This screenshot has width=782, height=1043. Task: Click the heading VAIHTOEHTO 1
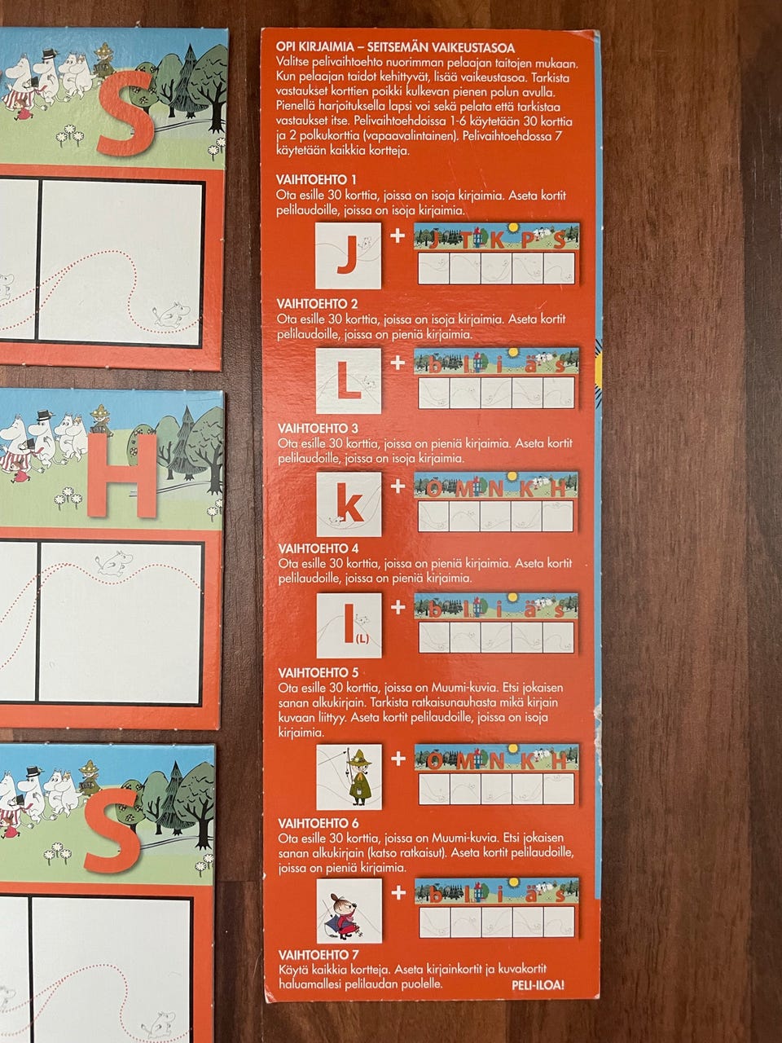(x=316, y=180)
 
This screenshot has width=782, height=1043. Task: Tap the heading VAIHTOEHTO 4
(x=319, y=548)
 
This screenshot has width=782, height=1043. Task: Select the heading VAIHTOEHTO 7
(x=319, y=955)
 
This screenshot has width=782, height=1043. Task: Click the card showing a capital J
(x=349, y=256)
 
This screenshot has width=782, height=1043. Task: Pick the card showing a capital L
(x=349, y=381)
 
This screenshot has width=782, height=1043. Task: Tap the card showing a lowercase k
(x=349, y=504)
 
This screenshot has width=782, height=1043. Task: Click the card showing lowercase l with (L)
(x=349, y=625)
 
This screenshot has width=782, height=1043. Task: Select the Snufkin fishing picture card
(x=349, y=777)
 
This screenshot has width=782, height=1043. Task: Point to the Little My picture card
(x=349, y=910)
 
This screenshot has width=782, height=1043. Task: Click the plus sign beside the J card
(x=398, y=235)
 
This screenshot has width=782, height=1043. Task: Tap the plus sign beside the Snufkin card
(x=398, y=759)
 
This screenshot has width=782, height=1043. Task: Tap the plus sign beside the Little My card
(x=398, y=893)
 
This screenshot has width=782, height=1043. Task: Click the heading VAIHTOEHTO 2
(x=317, y=304)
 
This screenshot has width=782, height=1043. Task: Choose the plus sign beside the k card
(x=398, y=486)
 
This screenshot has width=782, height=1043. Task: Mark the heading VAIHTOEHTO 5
(x=319, y=673)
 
